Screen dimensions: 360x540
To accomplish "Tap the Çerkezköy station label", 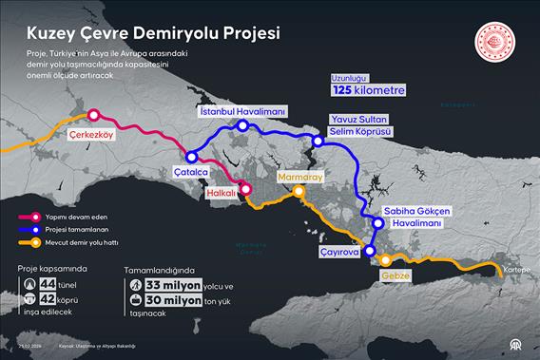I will click(x=92, y=135).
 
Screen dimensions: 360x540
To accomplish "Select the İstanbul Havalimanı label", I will click(x=242, y=111).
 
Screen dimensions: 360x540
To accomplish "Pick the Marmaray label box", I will click(x=302, y=177).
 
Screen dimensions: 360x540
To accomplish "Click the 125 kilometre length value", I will click(x=368, y=90).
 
